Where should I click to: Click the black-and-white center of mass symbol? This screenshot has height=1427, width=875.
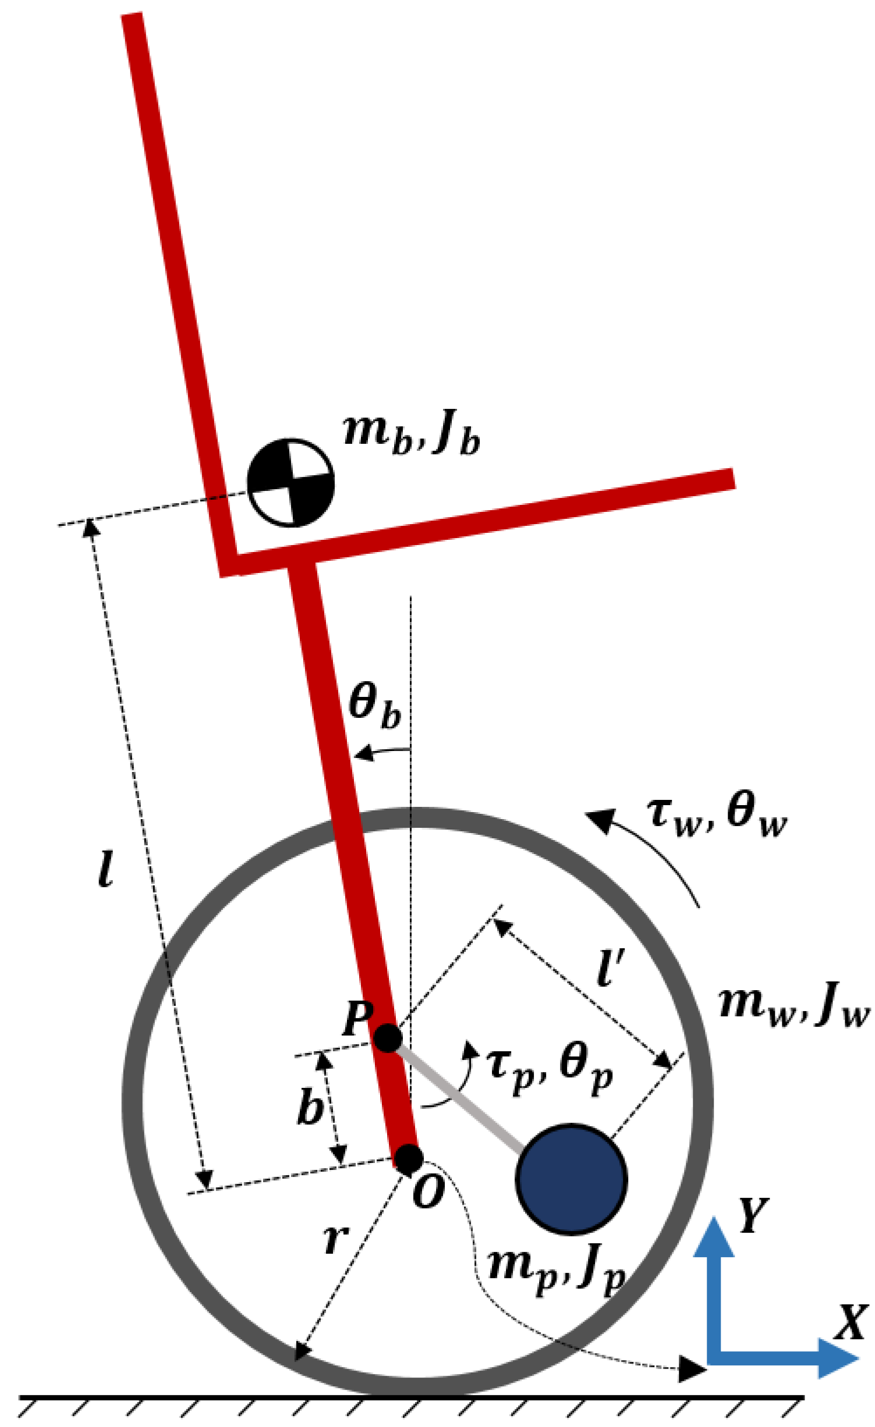pos(291,482)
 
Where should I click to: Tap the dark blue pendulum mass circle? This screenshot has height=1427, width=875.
pos(571,1179)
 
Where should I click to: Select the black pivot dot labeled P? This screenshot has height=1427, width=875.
pos(387,1038)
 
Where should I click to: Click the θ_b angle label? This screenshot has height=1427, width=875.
pos(375,704)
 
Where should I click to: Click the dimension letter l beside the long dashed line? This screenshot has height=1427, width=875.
pos(105,869)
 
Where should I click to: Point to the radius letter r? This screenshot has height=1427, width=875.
pos(336,1237)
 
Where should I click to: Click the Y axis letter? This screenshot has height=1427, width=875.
pos(753,1216)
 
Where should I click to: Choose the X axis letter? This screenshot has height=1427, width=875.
pos(852,1322)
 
